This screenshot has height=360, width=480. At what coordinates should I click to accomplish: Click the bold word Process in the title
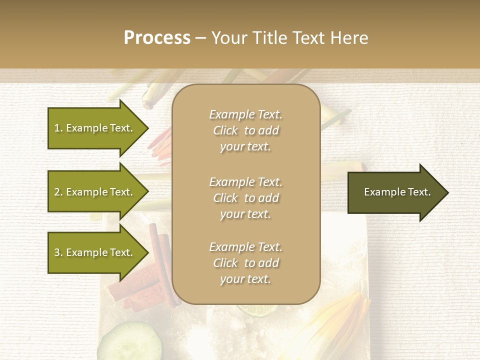click(157, 38)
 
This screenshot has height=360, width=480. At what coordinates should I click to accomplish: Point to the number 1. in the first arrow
click(58, 128)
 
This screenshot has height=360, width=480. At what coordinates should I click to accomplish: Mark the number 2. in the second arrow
click(58, 192)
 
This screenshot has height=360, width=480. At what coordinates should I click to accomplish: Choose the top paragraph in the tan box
click(245, 130)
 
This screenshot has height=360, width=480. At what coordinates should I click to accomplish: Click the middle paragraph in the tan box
click(245, 198)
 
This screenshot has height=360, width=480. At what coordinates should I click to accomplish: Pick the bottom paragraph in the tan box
click(245, 263)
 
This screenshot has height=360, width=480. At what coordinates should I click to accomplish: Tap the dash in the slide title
click(201, 38)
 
